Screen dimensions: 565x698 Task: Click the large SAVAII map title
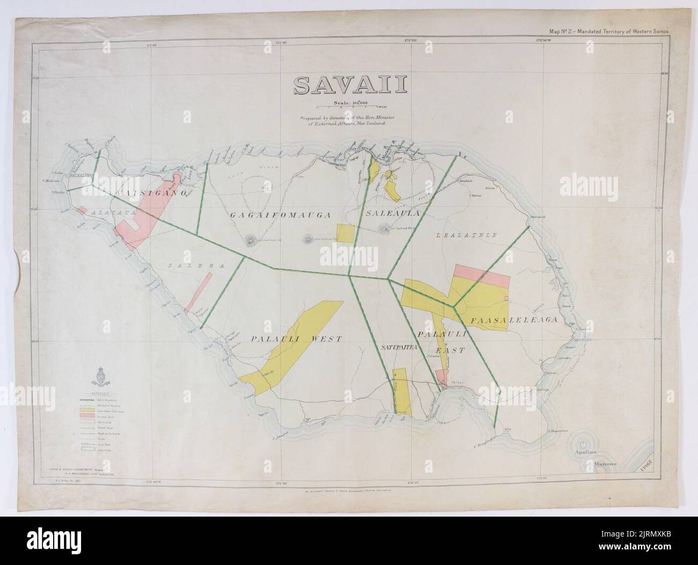coord(349,85)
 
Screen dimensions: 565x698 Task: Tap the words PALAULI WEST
coord(296,339)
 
